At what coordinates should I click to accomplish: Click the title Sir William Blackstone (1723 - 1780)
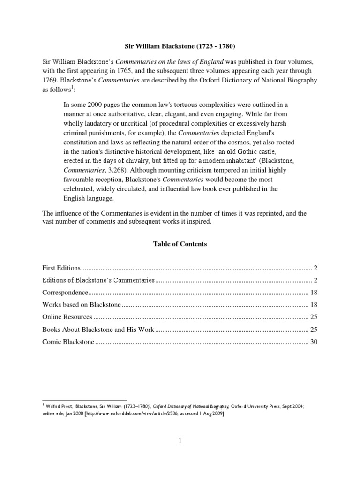click(x=180, y=46)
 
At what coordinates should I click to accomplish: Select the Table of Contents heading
click(x=180, y=244)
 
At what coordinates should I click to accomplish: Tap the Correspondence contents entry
click(x=65, y=292)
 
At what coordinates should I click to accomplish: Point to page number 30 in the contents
click(x=314, y=342)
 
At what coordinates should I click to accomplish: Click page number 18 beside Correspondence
click(x=314, y=292)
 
